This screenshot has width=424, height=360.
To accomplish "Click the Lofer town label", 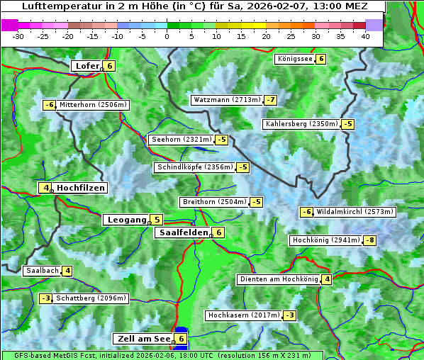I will (x=87, y=66).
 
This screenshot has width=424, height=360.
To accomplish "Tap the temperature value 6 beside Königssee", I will (x=320, y=59).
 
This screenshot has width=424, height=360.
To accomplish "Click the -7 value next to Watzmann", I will (x=270, y=100).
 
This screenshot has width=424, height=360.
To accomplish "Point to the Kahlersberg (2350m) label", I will (x=301, y=124).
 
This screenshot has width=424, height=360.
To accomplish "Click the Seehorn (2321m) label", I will (x=182, y=140).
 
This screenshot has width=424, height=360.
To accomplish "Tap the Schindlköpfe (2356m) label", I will (x=194, y=167).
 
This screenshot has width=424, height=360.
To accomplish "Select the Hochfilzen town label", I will (x=81, y=188).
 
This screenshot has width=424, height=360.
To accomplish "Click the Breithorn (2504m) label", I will (x=213, y=202).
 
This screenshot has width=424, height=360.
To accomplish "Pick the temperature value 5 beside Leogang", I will (x=157, y=220).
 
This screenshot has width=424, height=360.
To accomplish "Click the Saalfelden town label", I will (x=183, y=232).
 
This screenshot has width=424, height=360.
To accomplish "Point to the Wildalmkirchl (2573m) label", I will (x=355, y=212).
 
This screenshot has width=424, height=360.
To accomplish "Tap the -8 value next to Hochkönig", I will (x=369, y=240).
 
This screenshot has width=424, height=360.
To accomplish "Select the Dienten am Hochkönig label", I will (x=278, y=279).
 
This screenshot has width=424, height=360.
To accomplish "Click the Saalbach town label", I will (x=42, y=271).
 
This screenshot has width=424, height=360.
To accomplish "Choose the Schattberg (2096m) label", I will (x=91, y=298).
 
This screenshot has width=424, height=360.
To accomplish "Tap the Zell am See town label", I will (x=143, y=339).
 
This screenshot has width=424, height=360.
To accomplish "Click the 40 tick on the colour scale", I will (x=364, y=35).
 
